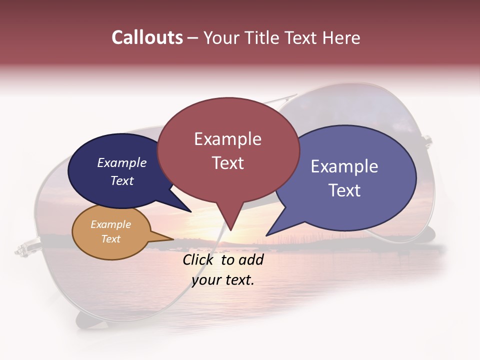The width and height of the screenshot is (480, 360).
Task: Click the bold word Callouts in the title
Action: [147, 38]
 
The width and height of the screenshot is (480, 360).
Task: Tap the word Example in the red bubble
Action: [227, 139]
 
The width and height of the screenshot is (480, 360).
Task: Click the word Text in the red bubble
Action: [227, 163]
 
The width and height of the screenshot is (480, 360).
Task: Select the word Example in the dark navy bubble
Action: [122, 163]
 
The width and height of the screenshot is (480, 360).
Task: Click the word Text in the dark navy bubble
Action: [122, 180]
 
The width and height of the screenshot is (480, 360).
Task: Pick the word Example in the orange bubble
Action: [111, 224]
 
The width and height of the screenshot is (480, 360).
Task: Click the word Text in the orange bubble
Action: [111, 239]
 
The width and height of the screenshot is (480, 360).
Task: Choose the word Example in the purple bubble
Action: [344, 166]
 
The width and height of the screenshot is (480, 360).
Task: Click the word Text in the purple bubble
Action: [344, 190]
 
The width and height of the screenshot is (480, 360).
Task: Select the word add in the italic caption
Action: [251, 260]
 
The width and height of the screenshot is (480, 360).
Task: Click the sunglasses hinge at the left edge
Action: [21, 248]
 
